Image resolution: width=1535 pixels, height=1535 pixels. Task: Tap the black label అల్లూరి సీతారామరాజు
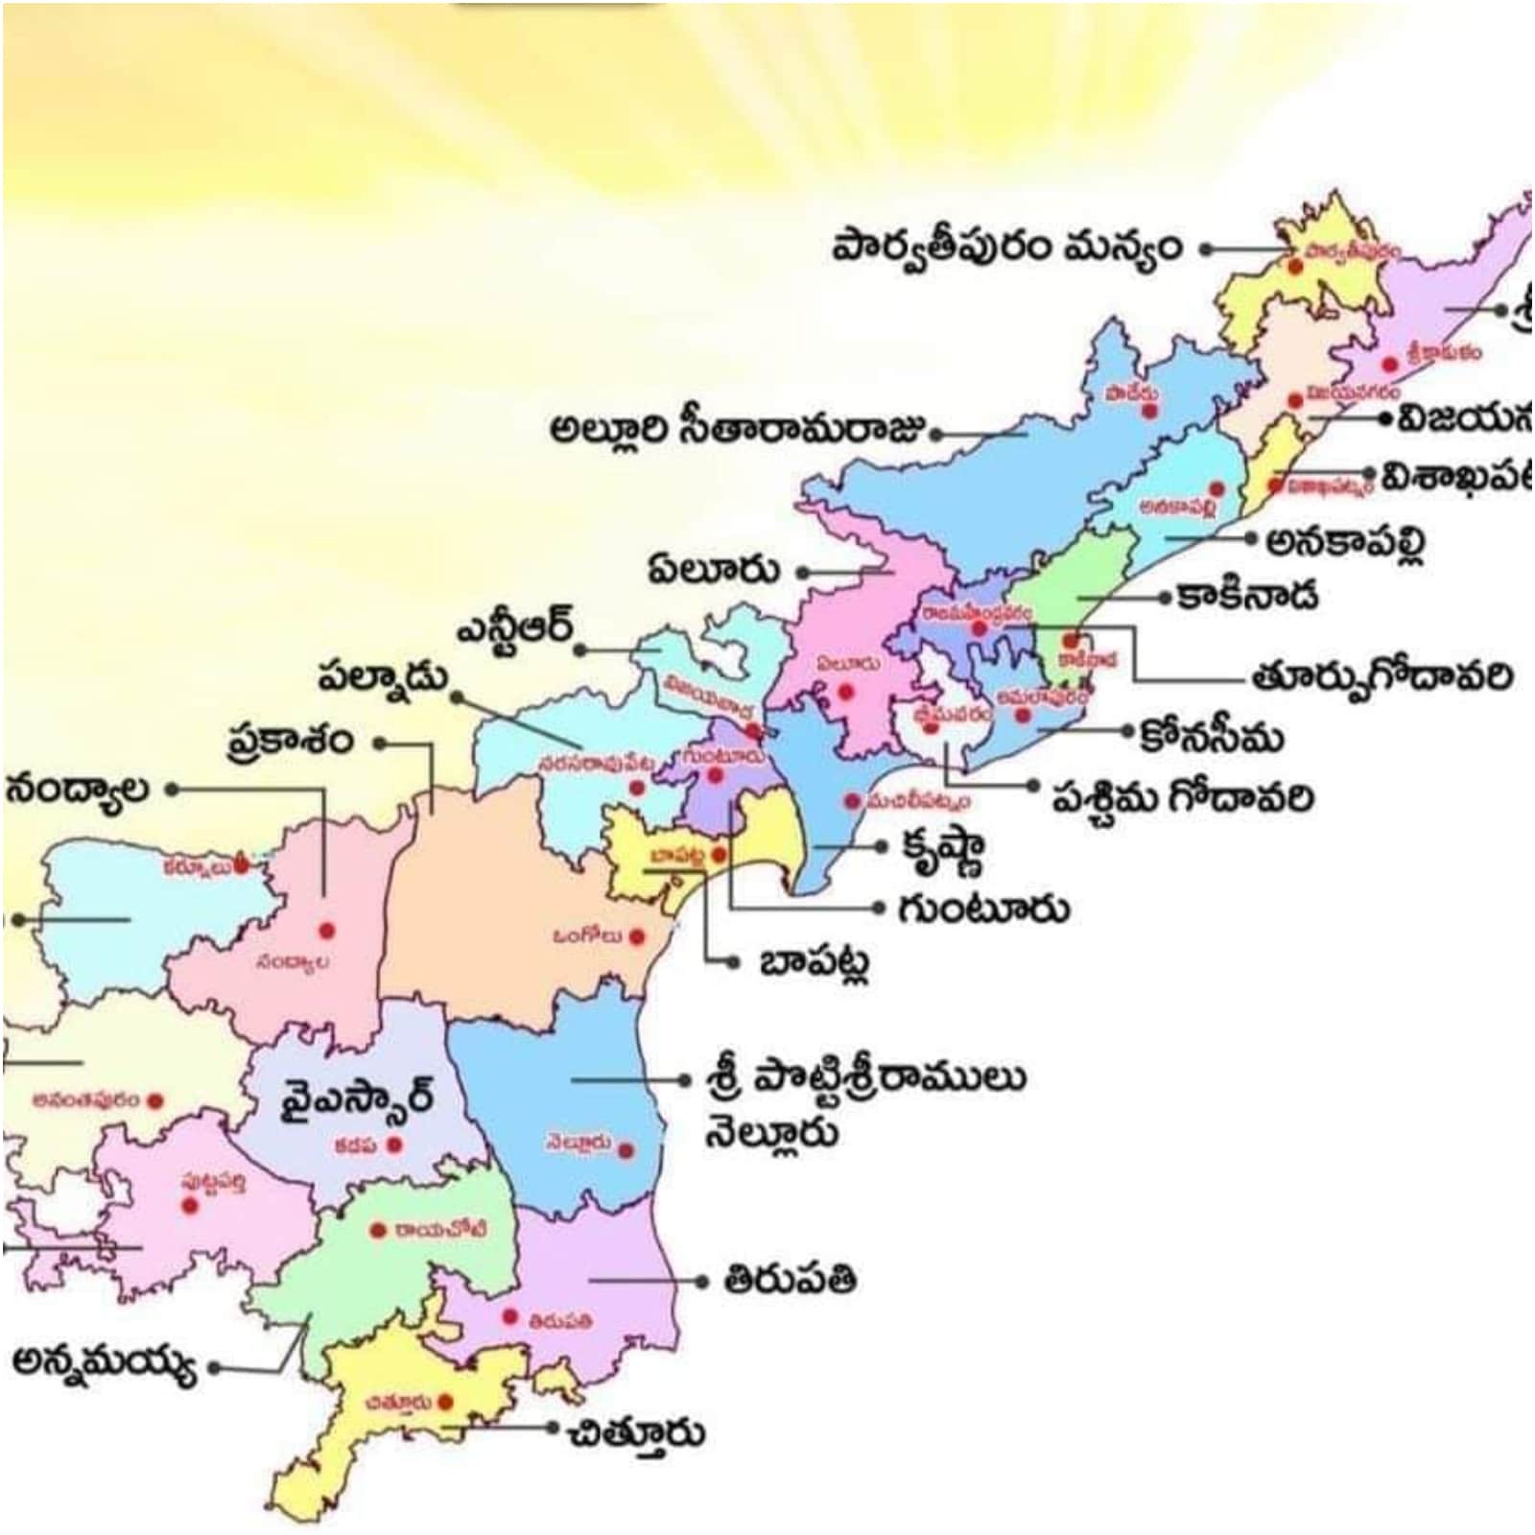tap(739, 428)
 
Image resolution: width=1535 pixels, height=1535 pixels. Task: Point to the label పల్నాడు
tap(384, 677)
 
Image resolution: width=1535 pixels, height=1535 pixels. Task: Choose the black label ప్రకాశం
tap(291, 742)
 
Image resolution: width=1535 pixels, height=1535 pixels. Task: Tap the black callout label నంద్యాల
tap(79, 790)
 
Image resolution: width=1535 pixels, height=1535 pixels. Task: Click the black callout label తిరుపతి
tap(790, 1281)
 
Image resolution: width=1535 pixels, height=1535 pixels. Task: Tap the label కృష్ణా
tap(942, 848)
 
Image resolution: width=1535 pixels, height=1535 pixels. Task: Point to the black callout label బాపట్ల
tap(815, 961)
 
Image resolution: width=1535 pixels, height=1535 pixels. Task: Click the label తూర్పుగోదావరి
tap(1381, 677)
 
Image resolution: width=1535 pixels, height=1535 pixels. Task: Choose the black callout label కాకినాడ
tap(1247, 596)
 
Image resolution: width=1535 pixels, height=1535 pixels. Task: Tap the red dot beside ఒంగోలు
tap(636, 937)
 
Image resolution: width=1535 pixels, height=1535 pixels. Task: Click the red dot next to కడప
tap(393, 1145)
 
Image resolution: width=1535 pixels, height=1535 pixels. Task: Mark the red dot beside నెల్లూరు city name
tap(626, 1150)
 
